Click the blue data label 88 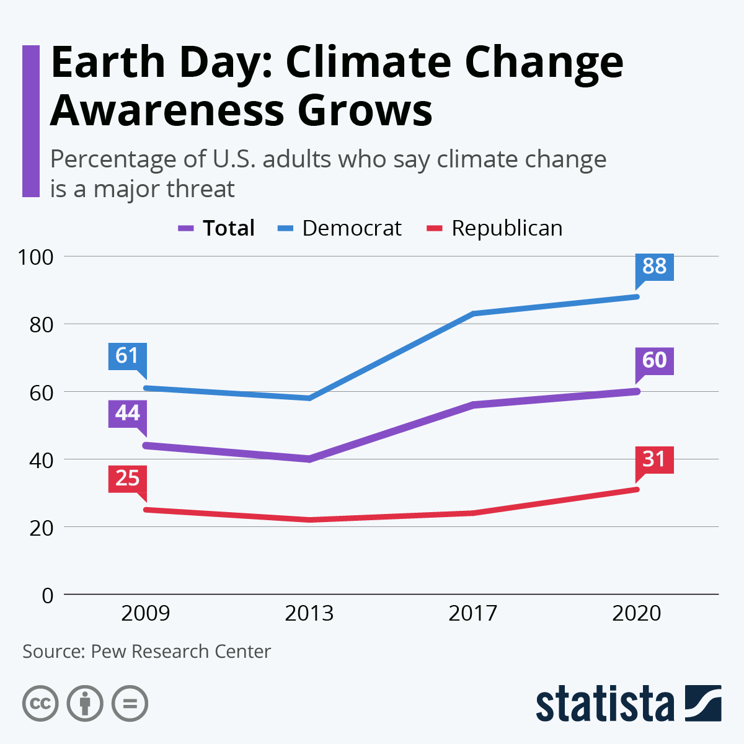[x=654, y=267]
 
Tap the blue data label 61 [x=127, y=356]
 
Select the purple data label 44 [x=127, y=414]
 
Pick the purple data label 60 [x=654, y=361]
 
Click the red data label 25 [x=127, y=479]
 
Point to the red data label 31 [x=654, y=459]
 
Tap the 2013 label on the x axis [x=309, y=613]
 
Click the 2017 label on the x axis [x=472, y=613]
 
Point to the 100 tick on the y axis [x=36, y=257]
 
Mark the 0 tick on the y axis [x=48, y=595]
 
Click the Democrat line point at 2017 [x=472, y=314]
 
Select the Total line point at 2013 [x=309, y=459]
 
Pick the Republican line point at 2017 [x=472, y=513]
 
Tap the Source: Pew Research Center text [x=147, y=652]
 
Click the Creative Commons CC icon [x=40, y=704]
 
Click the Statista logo [x=628, y=704]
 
